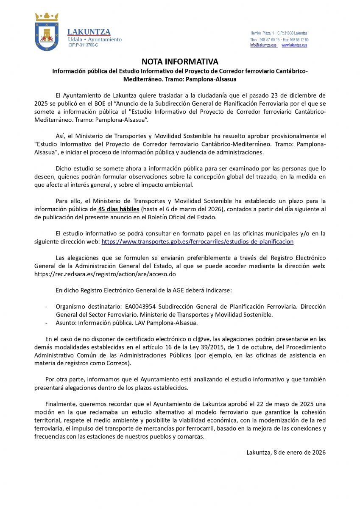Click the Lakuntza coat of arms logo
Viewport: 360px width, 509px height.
coord(46,32)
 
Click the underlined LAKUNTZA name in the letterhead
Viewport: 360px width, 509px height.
coord(89,32)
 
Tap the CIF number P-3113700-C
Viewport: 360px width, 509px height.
coord(83,45)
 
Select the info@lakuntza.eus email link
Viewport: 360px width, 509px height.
coord(263,45)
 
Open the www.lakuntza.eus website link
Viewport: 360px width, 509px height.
coord(294,45)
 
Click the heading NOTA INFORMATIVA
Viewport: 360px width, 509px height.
coord(180,62)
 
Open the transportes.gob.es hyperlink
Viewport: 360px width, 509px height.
coord(197,242)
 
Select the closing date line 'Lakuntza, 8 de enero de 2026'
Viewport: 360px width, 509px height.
coord(286,453)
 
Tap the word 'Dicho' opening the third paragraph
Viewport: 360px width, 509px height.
coord(63,168)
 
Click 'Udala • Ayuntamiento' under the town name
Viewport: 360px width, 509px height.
coord(95,39)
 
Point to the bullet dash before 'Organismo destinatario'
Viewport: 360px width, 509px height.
coord(46,306)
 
